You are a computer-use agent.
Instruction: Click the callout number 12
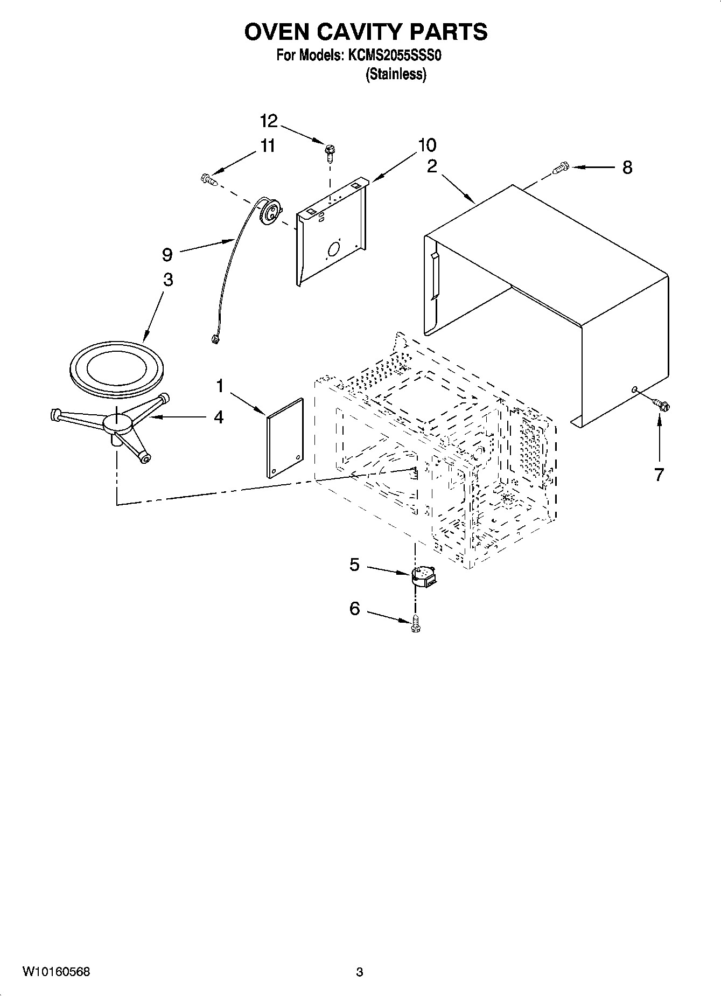tap(268, 121)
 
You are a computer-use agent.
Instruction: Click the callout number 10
tap(426, 145)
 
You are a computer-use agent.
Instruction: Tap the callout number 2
tap(432, 166)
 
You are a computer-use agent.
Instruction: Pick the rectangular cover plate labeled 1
tap(285, 438)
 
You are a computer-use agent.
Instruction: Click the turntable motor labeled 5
tap(424, 576)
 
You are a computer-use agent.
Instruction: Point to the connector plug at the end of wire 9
tap(214, 339)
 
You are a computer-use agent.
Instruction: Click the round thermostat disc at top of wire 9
tap(269, 211)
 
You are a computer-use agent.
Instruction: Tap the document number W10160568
tap(56, 972)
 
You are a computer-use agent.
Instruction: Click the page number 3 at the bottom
tap(360, 972)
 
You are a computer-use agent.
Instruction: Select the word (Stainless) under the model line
tap(396, 74)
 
